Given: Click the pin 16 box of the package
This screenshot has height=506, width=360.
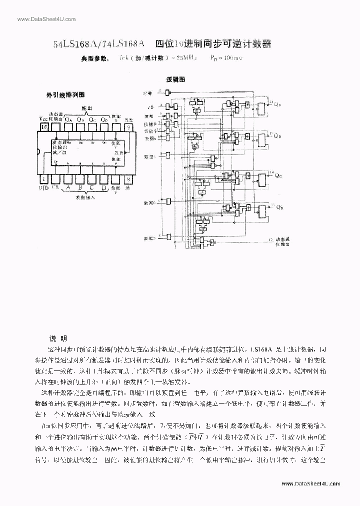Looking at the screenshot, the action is click(x=44, y=127).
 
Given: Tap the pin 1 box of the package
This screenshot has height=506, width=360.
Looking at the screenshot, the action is click(x=44, y=178).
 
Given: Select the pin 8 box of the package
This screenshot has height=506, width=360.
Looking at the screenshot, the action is click(x=128, y=178).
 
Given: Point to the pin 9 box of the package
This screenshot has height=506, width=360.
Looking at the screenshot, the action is click(x=128, y=127).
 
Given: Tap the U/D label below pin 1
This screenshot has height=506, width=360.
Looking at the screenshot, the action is click(x=43, y=187).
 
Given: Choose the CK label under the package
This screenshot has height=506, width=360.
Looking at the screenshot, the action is click(x=54, y=187).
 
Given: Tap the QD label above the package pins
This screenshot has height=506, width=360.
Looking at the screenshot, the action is click(x=103, y=120).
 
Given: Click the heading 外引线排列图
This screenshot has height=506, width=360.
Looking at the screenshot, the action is click(x=65, y=94).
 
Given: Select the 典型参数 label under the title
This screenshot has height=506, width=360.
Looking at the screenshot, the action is click(x=94, y=59).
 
